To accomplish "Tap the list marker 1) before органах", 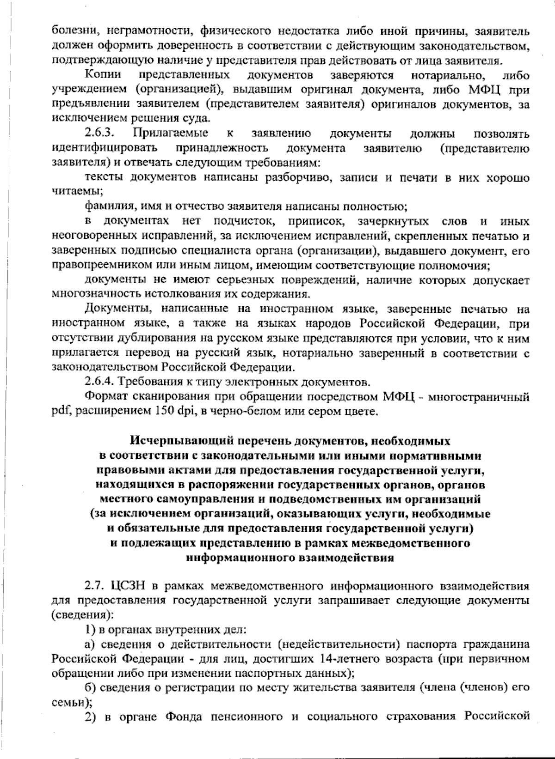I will pyautogui.click(x=89, y=629).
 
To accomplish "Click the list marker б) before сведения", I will pyautogui.click(x=90, y=687).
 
